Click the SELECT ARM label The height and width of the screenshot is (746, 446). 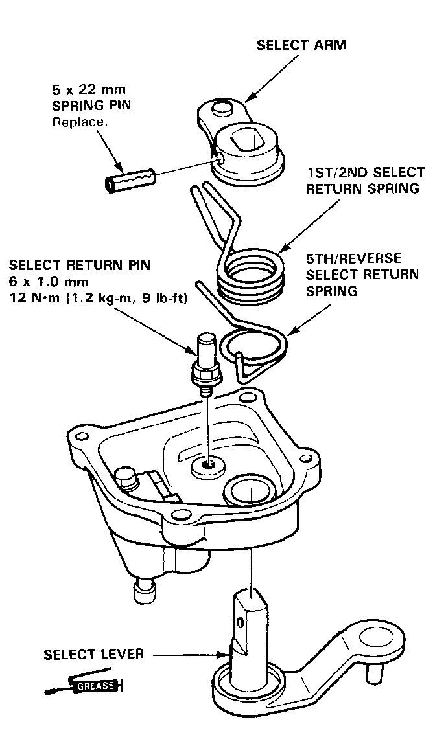click(x=301, y=45)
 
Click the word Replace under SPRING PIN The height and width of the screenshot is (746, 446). click(x=75, y=121)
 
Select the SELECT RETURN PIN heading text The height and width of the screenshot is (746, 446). click(x=80, y=265)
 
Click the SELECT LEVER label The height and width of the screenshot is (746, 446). click(x=94, y=653)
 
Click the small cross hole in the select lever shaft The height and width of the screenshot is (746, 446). click(x=241, y=623)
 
